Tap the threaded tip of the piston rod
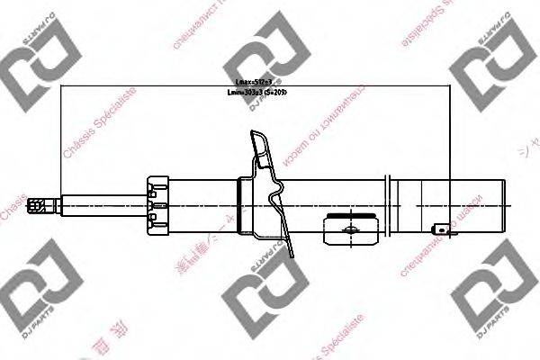click(40, 205)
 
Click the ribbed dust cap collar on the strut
click(157, 204)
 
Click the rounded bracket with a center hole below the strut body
click(347, 229)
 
